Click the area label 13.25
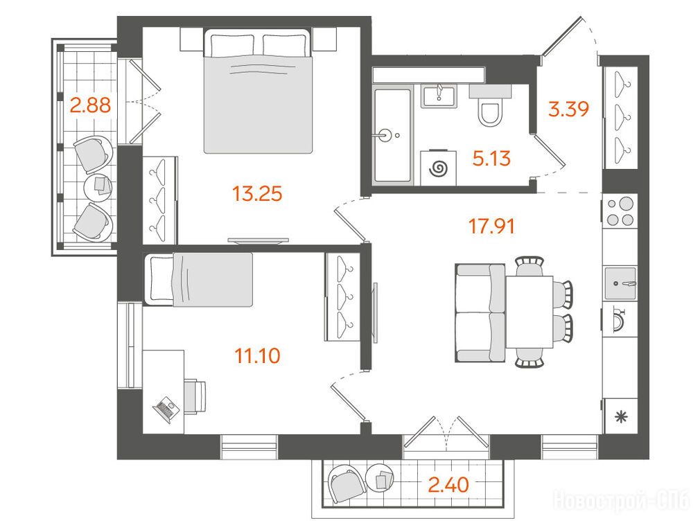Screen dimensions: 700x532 pyautogui.click(x=257, y=194)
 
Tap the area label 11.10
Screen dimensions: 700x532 pyautogui.click(x=257, y=356)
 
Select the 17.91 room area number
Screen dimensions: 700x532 pyautogui.click(x=491, y=227)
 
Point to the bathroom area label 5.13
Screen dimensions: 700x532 pyautogui.click(x=491, y=159)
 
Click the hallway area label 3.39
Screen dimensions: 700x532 pyautogui.click(x=569, y=109)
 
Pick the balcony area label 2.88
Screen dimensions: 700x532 pyautogui.click(x=90, y=106)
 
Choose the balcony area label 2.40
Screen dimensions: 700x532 pyautogui.click(x=448, y=485)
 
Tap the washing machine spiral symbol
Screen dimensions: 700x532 pyautogui.click(x=439, y=168)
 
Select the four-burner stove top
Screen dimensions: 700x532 pyautogui.click(x=620, y=211)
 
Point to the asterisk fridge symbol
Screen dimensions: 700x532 pyautogui.click(x=620, y=418)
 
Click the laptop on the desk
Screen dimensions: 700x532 pyautogui.click(x=164, y=409)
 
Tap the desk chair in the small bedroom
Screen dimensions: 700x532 pyautogui.click(x=195, y=397)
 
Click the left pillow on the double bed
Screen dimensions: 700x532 pyautogui.click(x=233, y=45)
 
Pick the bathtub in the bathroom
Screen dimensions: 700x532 pyautogui.click(x=392, y=135)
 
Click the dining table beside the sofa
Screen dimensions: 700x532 pyautogui.click(x=530, y=312)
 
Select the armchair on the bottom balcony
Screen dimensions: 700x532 pyautogui.click(x=347, y=484)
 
